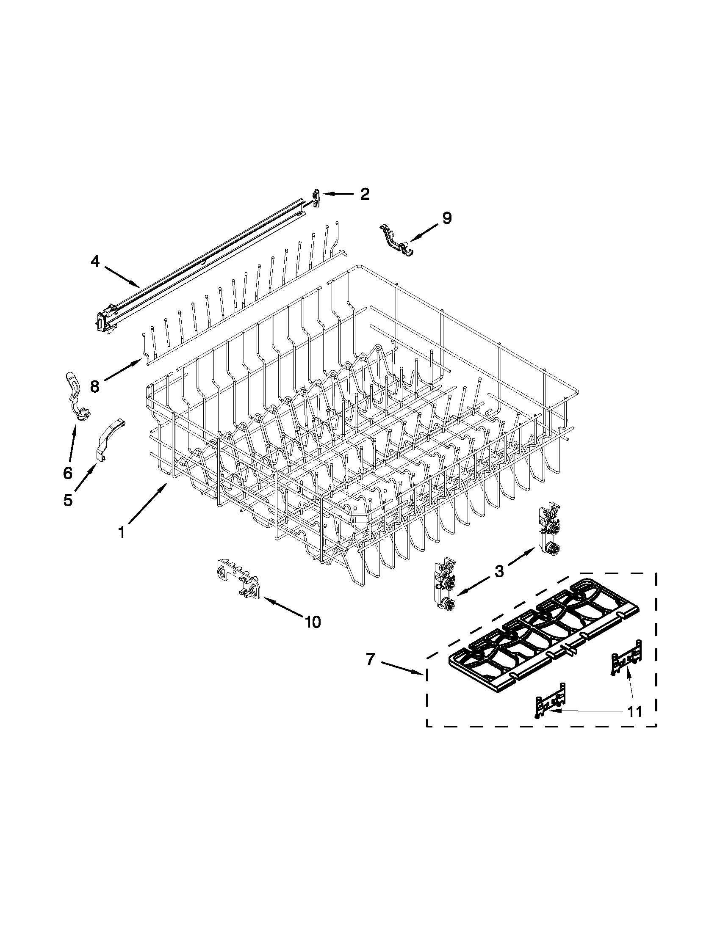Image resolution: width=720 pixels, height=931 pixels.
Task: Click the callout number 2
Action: pyautogui.click(x=364, y=194)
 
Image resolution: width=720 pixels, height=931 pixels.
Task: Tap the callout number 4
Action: pyautogui.click(x=95, y=261)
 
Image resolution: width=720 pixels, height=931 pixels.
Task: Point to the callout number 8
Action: pyautogui.click(x=95, y=386)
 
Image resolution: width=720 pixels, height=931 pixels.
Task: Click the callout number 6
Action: pyautogui.click(x=68, y=472)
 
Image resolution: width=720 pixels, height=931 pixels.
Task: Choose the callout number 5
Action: pyautogui.click(x=68, y=500)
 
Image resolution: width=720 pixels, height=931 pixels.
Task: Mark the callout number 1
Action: pyautogui.click(x=122, y=532)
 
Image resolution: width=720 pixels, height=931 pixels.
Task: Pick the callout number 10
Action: pyautogui.click(x=313, y=622)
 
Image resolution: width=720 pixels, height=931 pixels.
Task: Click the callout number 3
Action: pyautogui.click(x=499, y=571)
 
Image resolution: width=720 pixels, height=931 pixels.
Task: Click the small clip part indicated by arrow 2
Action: pyautogui.click(x=316, y=198)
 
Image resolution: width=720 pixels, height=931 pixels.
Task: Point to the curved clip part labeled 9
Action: pyautogui.click(x=397, y=242)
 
